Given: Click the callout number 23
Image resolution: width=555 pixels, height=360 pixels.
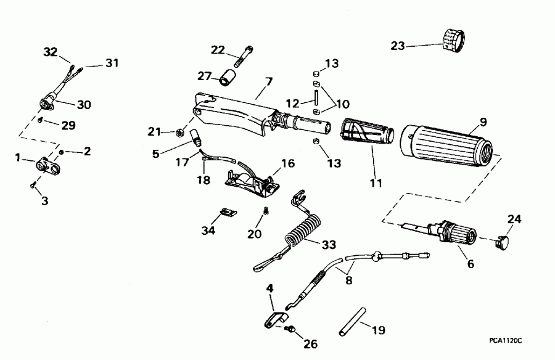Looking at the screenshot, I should point(398,46).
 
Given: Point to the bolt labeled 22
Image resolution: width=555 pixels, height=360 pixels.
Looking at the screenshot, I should point(241,55).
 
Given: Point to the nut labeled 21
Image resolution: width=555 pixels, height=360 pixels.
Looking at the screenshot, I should point(182,131).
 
